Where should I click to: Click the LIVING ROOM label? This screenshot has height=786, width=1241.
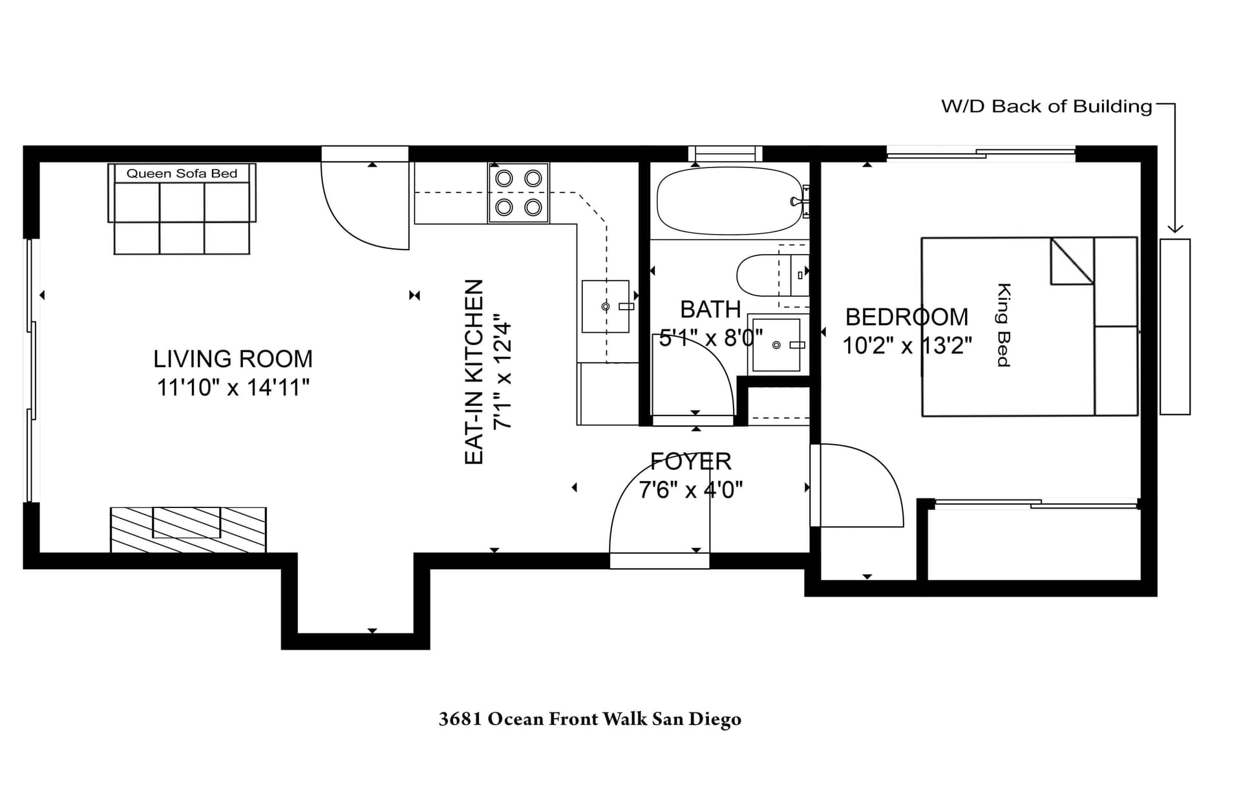coord(233,359)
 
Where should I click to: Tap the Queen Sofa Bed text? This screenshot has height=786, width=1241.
coord(182,173)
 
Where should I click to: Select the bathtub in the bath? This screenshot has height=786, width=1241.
coord(729,201)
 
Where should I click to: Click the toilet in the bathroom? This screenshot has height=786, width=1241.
coord(763,275)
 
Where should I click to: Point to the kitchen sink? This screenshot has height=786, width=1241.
coord(606,306)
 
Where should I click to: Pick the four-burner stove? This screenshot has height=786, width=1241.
coord(518,193)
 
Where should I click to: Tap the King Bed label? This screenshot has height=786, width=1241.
coord(1002,325)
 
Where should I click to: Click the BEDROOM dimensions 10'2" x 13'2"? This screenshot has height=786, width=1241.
coord(907,346)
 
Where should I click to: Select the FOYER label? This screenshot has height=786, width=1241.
coord(690,462)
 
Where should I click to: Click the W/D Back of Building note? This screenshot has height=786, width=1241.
coord(1046,107)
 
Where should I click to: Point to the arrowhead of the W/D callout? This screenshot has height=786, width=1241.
coord(1175,229)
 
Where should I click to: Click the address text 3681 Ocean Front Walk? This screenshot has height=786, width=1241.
coord(589,719)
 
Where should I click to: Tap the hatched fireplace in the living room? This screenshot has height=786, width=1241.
coord(188,530)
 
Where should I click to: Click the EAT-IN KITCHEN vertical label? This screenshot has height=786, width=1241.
coord(474,372)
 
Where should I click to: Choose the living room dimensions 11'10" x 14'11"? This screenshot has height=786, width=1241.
coord(233,388)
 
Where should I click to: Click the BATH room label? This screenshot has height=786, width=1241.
coord(710,310)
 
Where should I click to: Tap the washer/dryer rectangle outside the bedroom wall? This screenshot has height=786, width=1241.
coord(1174,326)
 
